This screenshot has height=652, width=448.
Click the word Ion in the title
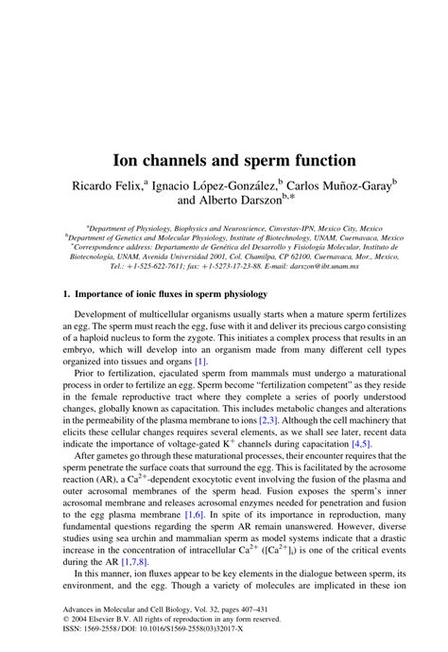141,162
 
